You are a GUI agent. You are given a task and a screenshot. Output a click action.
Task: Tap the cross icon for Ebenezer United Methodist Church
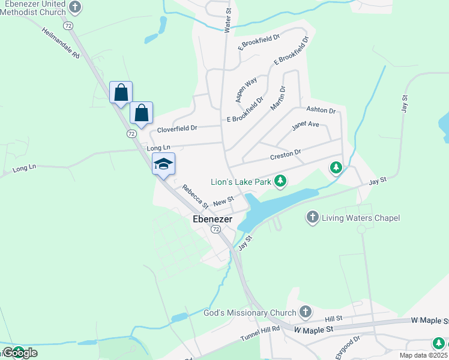coord(74,7)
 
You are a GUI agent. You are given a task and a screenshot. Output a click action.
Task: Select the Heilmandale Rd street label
coord(61,42)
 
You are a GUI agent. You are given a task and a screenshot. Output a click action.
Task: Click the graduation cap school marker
coord(163,164)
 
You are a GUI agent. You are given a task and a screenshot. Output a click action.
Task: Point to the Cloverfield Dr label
coord(177,129)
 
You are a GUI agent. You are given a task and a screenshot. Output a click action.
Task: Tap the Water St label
coord(228,20)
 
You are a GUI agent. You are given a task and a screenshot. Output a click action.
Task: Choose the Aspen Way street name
coord(246,88)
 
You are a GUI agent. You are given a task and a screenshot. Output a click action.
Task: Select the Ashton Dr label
coord(321,110)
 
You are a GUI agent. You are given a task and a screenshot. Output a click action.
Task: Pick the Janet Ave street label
coord(305,126)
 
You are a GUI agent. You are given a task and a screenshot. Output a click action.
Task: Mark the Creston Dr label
coord(285,155)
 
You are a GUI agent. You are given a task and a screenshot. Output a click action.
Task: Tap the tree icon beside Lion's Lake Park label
coord(280,180)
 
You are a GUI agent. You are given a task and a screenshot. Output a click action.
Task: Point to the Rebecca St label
coord(195,196)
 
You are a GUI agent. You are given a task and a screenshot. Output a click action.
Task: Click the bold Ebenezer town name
coord(212,220)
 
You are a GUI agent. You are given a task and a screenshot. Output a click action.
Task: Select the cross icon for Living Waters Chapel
coord(312,217)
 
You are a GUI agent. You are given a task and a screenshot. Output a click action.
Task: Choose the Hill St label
coord(333,318)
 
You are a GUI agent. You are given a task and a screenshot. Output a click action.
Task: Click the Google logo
coord(19,353)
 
